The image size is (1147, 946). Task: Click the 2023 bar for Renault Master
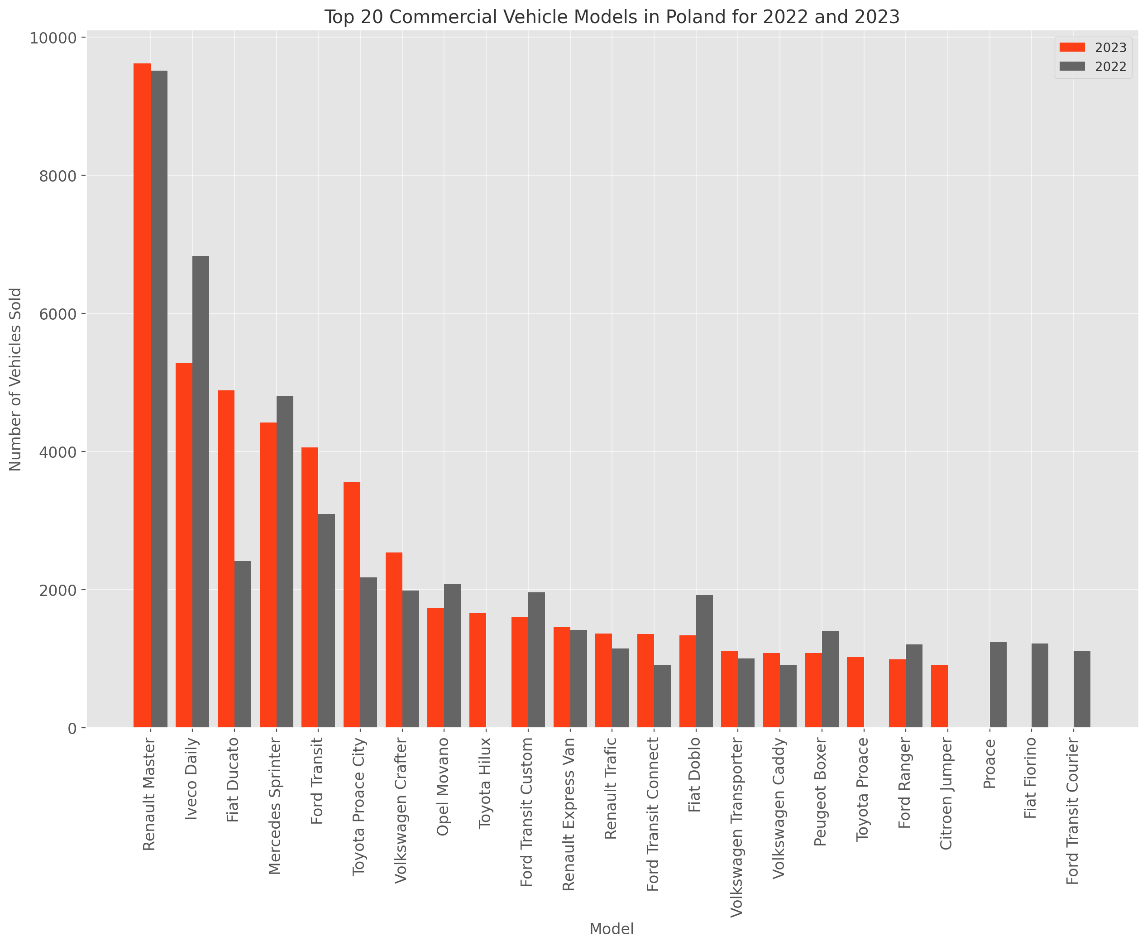tap(142, 395)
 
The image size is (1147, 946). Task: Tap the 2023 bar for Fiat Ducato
tap(226, 558)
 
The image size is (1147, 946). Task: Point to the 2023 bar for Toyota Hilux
tap(478, 670)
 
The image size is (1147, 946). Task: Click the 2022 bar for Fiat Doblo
tap(704, 661)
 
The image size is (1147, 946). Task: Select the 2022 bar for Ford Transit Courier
tap(1082, 689)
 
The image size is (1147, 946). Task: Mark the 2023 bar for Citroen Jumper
tap(939, 696)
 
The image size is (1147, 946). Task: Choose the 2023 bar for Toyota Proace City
tap(352, 605)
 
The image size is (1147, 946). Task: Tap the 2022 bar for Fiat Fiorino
tap(1040, 686)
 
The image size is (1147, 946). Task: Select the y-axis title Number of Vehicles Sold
tap(15, 379)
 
